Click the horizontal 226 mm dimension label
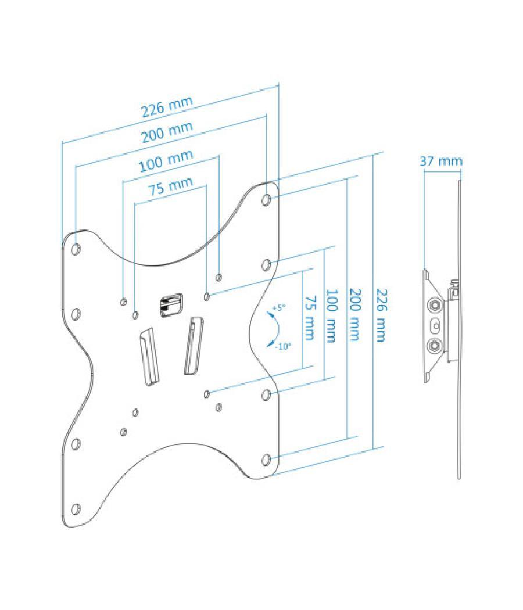[167, 106]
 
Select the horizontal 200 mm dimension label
[167, 132]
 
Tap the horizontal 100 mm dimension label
[166, 161]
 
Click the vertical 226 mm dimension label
[381, 315]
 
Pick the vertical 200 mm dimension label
[354, 315]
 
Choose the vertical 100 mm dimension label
[331, 316]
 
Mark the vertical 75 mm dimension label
[309, 318]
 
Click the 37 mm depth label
[441, 161]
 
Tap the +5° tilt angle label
[278, 307]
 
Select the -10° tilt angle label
[284, 346]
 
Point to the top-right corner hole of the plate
[267, 200]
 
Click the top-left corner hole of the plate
[76, 249]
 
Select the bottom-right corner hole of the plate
[266, 460]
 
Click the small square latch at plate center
[171, 304]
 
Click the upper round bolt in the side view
[435, 305]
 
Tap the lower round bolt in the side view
[435, 346]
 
